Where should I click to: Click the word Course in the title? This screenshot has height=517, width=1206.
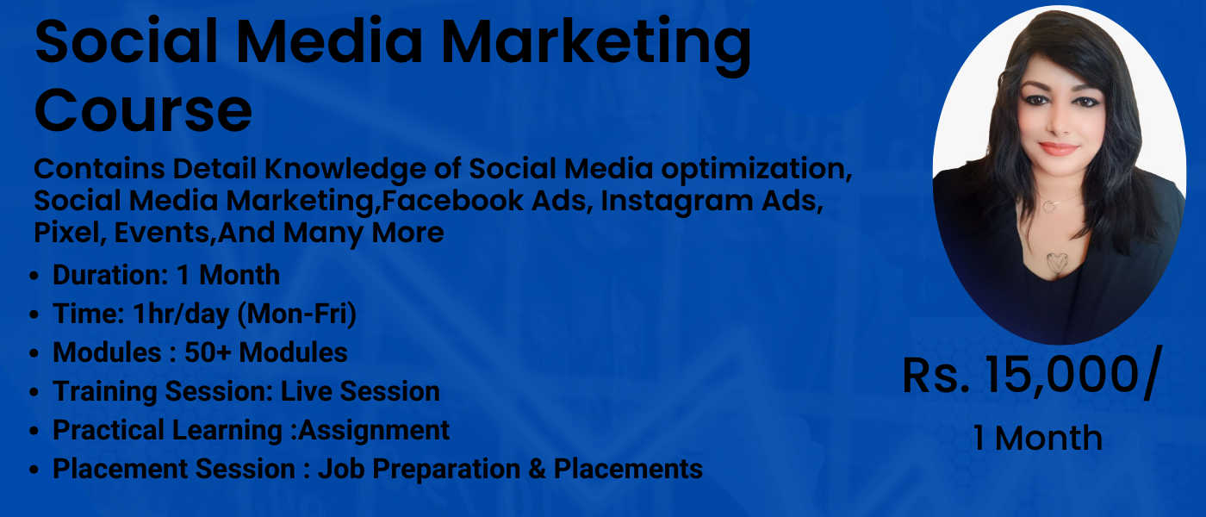143,110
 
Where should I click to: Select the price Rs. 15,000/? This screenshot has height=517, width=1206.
1030,377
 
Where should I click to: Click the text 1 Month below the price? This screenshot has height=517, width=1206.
1037,439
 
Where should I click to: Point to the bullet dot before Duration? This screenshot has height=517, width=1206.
34,277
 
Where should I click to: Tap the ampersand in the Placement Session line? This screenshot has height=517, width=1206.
535,470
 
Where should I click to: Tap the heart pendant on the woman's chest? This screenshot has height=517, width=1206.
1058,262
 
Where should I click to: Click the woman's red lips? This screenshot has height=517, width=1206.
1058,149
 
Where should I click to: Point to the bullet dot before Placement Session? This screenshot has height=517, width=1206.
34,470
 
